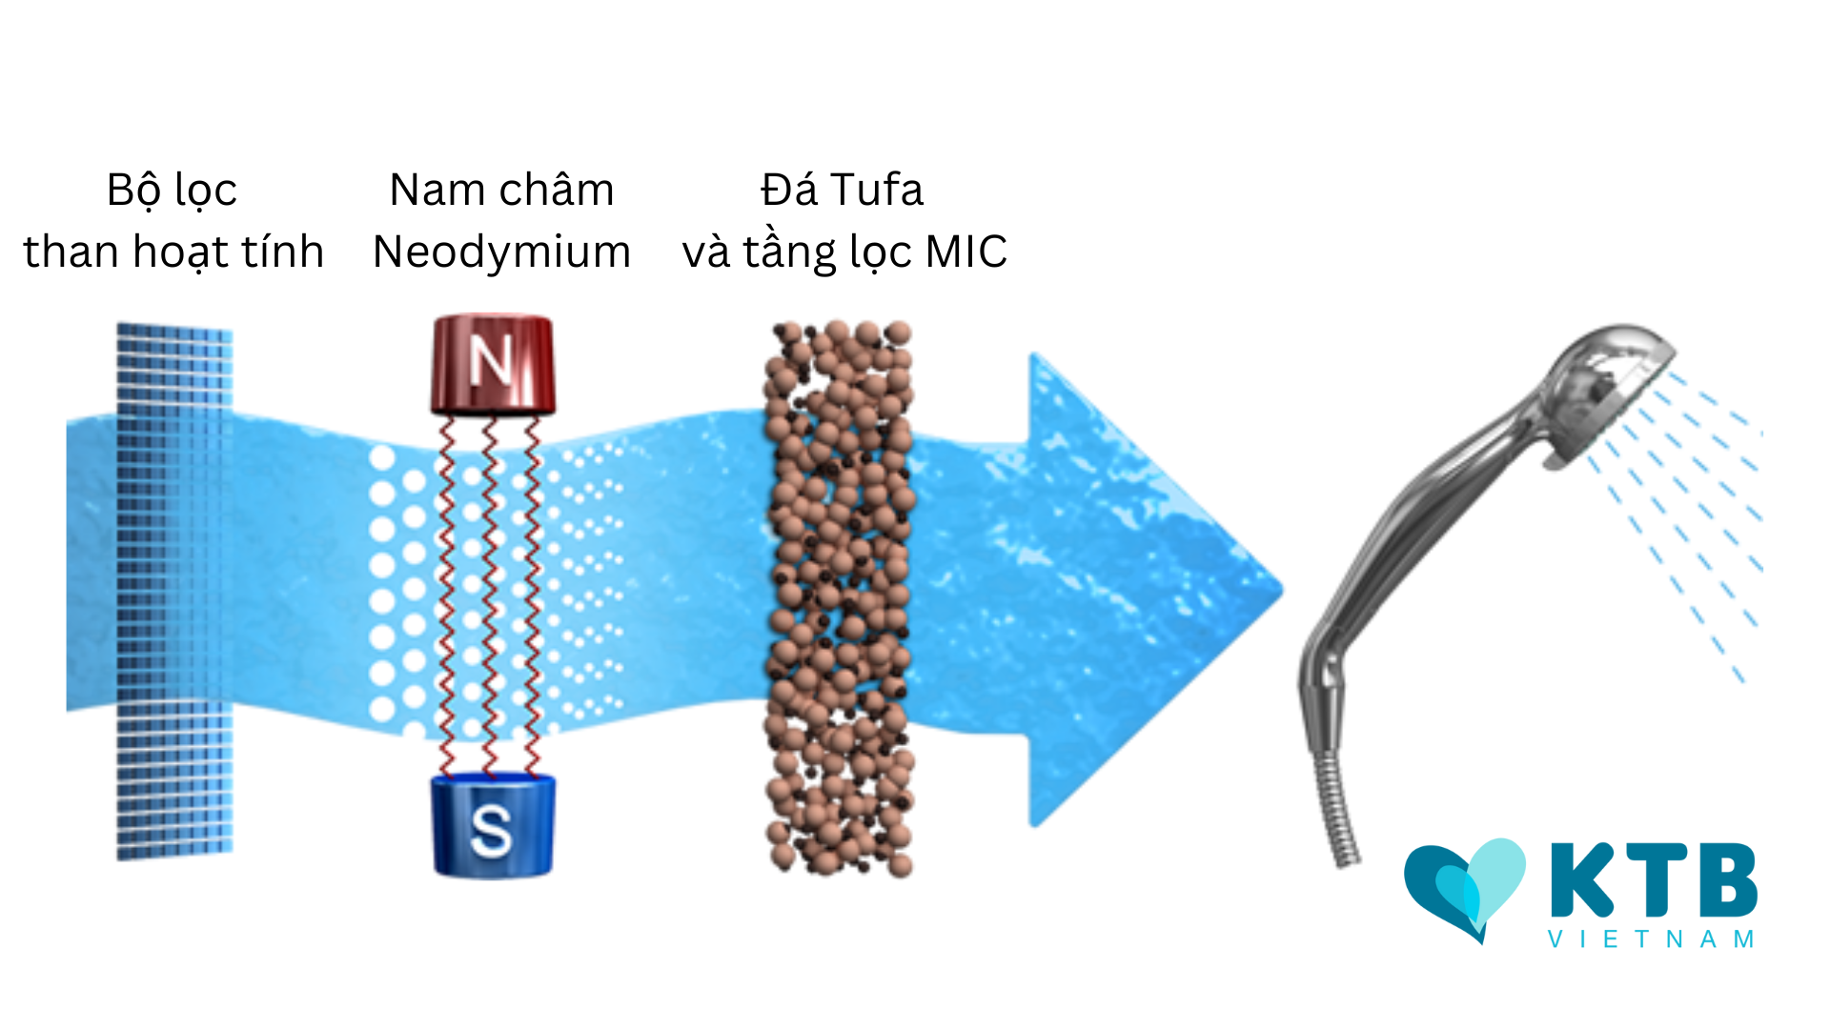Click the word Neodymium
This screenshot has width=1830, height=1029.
pyautogui.click(x=501, y=252)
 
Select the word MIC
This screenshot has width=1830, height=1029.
pyautogui.click(x=966, y=252)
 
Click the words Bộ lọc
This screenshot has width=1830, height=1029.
pyautogui.click(x=172, y=191)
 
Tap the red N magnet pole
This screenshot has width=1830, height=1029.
pyautogui.click(x=493, y=365)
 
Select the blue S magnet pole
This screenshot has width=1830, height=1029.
pyautogui.click(x=493, y=825)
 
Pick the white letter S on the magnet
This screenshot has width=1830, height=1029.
pyautogui.click(x=491, y=828)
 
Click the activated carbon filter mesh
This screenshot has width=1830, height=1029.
pyautogui.click(x=174, y=591)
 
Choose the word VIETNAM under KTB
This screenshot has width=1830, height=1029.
pyautogui.click(x=1651, y=939)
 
